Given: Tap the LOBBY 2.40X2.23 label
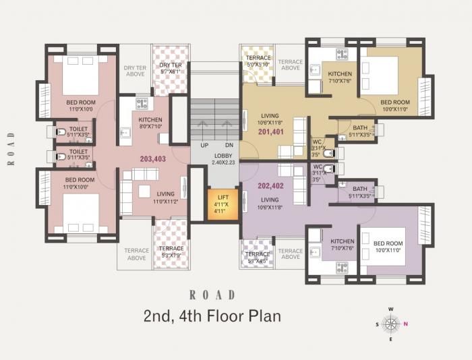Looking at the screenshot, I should tap(222, 159).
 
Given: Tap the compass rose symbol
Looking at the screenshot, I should tap(391, 324).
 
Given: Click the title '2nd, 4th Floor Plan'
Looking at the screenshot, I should tap(212, 316).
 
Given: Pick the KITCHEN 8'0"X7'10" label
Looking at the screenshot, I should tap(150, 121).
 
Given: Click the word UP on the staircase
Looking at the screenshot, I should tap(204, 146).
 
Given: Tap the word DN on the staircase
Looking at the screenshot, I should tap(229, 146).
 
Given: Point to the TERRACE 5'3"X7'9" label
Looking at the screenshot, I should tap(171, 251).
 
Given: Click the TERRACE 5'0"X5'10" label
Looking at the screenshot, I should tap(258, 61).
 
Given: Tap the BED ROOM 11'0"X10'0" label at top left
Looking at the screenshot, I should tap(80, 105).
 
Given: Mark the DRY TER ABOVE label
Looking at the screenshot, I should tap(136, 71).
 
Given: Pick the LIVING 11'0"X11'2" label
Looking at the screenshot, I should tap(166, 198).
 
